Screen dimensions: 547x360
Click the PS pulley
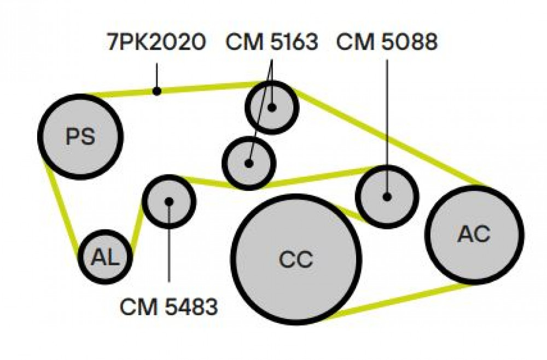tap(80, 137)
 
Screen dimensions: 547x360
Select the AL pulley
tap(105, 257)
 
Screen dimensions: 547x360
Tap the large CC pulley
tap(296, 259)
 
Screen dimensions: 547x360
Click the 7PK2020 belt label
tap(156, 42)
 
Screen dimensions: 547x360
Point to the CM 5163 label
tap(272, 42)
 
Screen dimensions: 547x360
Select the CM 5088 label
tap(387, 42)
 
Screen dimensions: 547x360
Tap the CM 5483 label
tap(169, 307)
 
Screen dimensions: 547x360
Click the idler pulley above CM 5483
tap(169, 201)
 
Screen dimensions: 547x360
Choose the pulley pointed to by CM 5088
tap(387, 197)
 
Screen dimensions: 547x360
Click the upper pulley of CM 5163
tap(272, 107)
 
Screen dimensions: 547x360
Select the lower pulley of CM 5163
tap(249, 163)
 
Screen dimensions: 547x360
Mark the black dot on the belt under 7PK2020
tap(157, 91)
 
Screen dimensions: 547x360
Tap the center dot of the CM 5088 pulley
tap(387, 197)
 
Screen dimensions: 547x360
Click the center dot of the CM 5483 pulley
tap(169, 201)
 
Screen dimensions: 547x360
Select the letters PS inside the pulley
tap(80, 136)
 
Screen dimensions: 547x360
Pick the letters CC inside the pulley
tap(296, 259)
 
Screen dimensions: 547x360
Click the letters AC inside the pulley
tap(474, 234)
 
